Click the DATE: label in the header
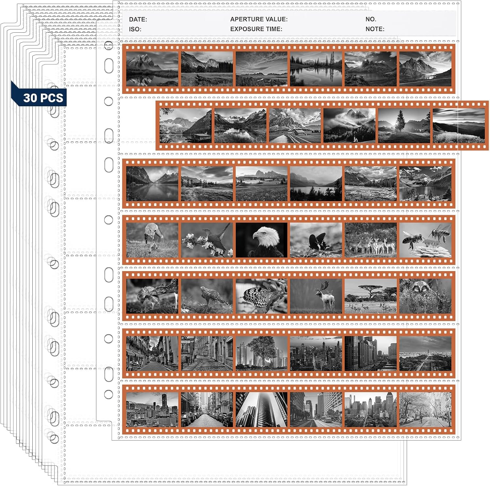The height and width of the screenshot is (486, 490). [x=138, y=19]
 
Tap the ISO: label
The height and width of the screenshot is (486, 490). [x=135, y=29]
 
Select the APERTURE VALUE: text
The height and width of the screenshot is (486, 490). [x=259, y=19]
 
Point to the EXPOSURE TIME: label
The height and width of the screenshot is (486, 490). [x=256, y=29]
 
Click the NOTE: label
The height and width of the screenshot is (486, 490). [x=375, y=29]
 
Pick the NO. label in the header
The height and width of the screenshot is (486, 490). [x=371, y=19]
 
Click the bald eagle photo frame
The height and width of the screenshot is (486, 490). [x=261, y=240]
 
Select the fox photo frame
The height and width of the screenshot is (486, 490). [x=152, y=240]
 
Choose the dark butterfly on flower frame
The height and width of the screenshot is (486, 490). [x=316, y=240]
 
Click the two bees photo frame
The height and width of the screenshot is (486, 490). [x=425, y=240]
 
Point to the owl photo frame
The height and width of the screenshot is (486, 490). [x=425, y=296]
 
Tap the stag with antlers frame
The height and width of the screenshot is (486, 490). [x=316, y=296]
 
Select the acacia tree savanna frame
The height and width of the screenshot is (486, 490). [x=371, y=296]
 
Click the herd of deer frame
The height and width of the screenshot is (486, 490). [x=371, y=240]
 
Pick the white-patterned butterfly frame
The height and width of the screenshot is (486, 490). [x=261, y=296]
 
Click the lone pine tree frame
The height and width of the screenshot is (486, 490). [x=404, y=126]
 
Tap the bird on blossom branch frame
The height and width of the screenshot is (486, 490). [x=207, y=240]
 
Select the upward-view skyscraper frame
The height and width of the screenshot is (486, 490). [x=261, y=409]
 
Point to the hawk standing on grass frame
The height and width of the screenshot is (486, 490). [x=207, y=296]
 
